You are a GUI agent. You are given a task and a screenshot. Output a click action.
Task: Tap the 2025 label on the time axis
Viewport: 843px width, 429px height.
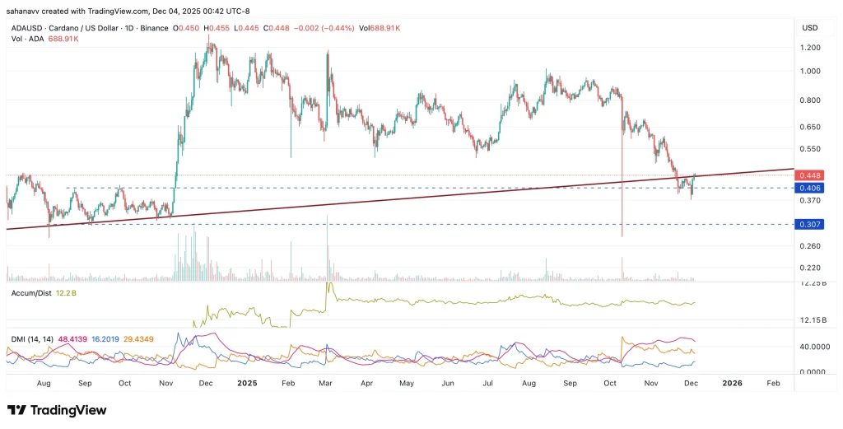pos(248,383)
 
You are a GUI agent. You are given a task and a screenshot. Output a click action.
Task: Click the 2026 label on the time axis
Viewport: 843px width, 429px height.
pos(732,383)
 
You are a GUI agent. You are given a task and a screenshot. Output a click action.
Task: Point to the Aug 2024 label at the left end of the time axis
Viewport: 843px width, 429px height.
pos(44,383)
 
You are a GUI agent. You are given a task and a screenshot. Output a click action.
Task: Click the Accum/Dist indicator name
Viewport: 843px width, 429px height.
pos(31,293)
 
